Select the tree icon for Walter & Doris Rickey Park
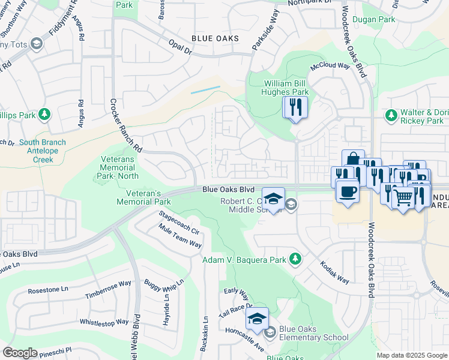391,114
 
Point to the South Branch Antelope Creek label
42,146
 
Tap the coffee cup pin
348,193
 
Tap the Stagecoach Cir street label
178,222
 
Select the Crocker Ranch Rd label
125,125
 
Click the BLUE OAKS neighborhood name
215,38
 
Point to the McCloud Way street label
330,66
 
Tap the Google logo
20,353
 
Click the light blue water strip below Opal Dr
205,90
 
